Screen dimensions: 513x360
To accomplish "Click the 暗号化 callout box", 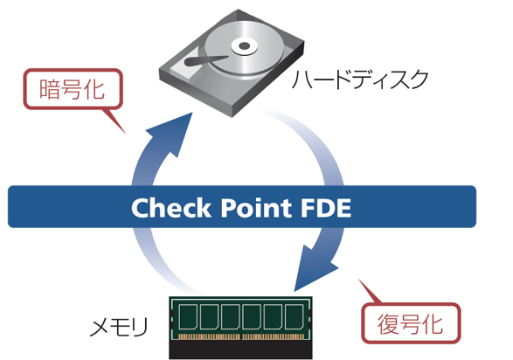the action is point(73,89).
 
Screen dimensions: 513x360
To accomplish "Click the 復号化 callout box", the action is point(411,323).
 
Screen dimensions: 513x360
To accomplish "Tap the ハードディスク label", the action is point(360,80).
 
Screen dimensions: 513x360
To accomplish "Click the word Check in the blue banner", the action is point(170,208).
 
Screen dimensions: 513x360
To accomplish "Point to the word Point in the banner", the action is point(256,208).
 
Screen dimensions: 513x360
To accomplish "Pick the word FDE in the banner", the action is point(326,208).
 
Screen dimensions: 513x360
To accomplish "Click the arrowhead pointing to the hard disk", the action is point(173,134).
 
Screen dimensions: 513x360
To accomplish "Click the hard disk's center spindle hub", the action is point(244,45).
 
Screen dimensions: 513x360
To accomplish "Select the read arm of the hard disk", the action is point(206,60).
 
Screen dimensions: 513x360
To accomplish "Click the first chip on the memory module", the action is point(188,316).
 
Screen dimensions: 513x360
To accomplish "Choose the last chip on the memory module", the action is point(294,316).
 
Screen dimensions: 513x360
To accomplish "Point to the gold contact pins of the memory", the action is point(241,336).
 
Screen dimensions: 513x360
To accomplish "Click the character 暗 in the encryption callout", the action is point(49,89).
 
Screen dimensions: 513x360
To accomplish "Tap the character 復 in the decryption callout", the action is point(388,323).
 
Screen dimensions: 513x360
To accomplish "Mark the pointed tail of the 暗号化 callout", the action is point(125,133).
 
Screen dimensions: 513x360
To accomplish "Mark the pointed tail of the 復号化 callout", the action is point(359,280).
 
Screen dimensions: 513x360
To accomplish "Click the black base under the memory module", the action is point(240,350).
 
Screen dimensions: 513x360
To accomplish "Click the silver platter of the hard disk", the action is point(259,59).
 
